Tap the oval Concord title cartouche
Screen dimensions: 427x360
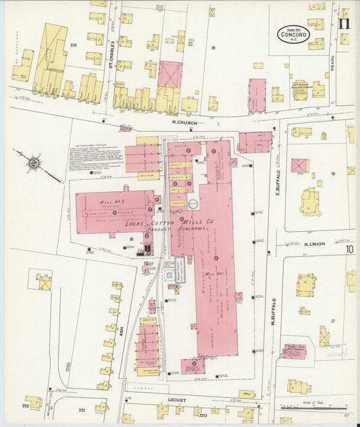pyautogui.click(x=292, y=34)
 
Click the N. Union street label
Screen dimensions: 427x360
pyautogui.click(x=315, y=244)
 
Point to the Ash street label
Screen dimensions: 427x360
pyautogui.click(x=122, y=331)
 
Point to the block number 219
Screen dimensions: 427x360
pyautogui.click(x=73, y=45)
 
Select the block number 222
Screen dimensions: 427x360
pyautogui.click(x=26, y=407)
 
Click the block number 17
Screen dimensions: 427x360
pyautogui.click(x=332, y=321)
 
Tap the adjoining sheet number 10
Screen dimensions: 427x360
pyautogui.click(x=349, y=249)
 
